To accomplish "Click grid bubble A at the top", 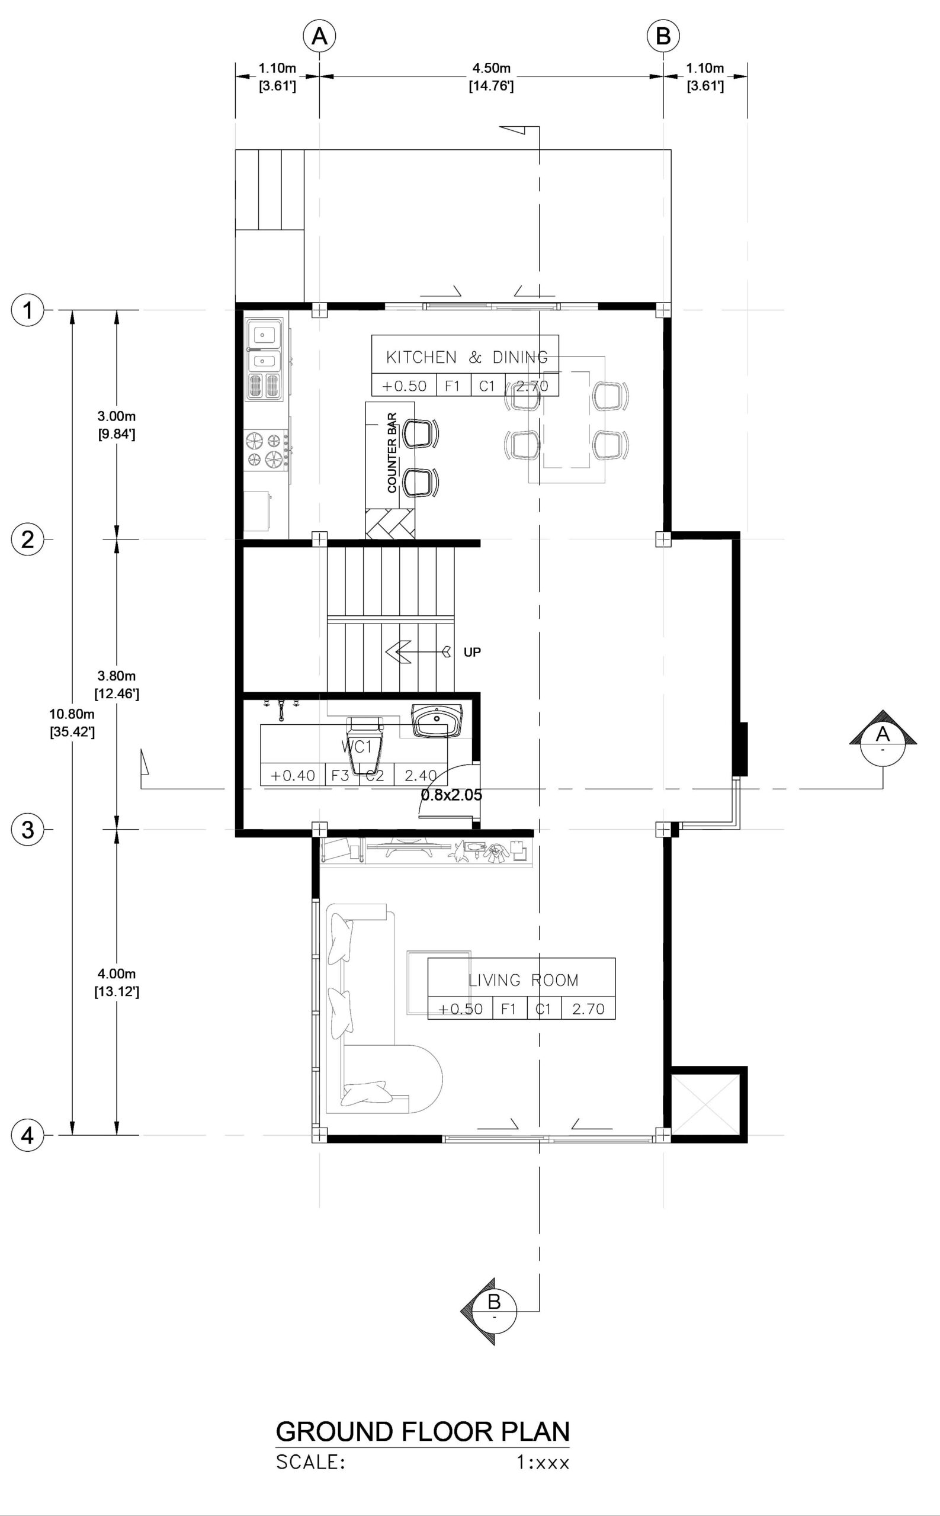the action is click(319, 37).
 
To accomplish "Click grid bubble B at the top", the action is click(663, 37).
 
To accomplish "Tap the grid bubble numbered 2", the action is click(27, 539).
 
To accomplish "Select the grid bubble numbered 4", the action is click(27, 1136).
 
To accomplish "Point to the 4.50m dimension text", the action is click(491, 68).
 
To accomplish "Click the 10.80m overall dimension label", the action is click(72, 714).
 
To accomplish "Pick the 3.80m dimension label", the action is click(116, 676).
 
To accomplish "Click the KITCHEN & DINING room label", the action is click(467, 358).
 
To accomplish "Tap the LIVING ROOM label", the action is click(523, 980).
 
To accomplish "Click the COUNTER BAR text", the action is click(392, 452).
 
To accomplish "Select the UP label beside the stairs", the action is click(473, 652).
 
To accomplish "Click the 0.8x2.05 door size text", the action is click(451, 794).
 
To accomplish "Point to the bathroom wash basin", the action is click(437, 721).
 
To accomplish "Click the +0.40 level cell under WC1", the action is click(292, 775).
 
